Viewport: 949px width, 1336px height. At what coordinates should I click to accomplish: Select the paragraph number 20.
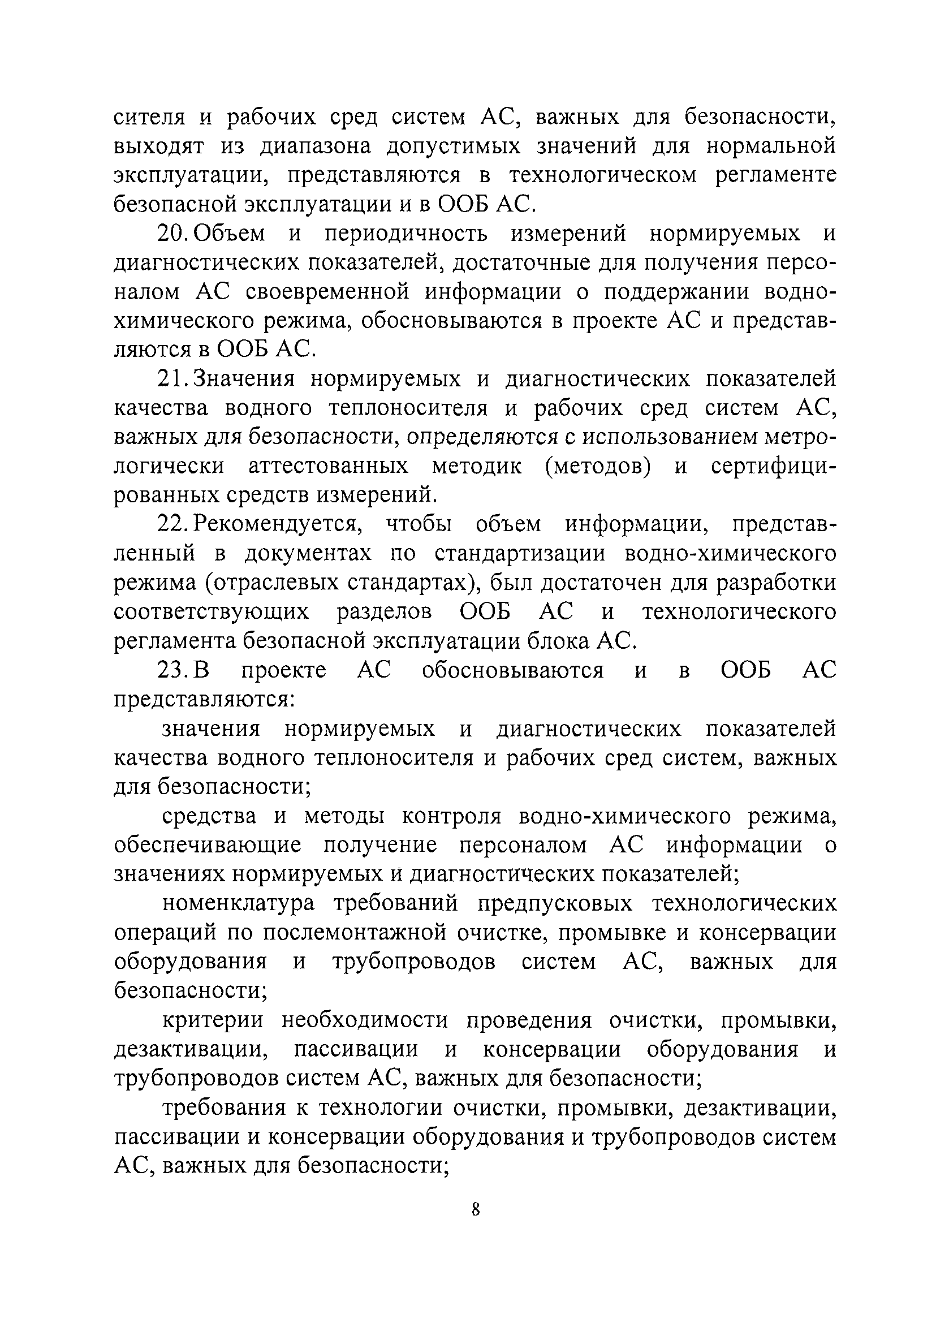(172, 234)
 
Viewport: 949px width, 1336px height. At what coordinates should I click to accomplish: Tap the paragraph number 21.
(172, 380)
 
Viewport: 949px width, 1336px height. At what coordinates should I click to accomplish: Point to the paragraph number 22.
(172, 524)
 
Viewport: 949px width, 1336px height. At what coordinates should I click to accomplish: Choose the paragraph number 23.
(172, 670)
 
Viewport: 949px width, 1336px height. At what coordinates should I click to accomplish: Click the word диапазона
(316, 146)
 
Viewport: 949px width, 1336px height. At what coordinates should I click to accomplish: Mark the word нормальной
(771, 146)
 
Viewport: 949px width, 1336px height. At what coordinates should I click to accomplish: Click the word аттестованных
(329, 467)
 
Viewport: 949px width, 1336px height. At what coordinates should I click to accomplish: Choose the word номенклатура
(238, 903)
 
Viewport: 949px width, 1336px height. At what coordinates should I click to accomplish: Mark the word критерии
(212, 1020)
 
